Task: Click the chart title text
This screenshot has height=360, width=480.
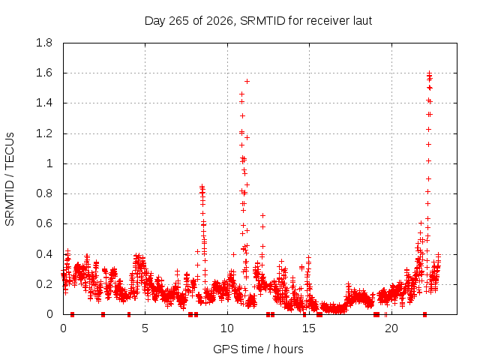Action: pos(258,21)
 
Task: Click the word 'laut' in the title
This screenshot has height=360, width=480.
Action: pos(362,21)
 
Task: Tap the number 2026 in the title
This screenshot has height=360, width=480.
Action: pos(219,21)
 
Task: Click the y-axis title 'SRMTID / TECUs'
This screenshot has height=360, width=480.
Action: pos(10,179)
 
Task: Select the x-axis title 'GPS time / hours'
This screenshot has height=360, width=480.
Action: pos(258,349)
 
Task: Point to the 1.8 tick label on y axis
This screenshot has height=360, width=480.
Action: pos(44,43)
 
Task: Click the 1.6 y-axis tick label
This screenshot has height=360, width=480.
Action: pos(44,73)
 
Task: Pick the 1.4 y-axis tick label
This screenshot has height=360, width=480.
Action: pos(44,103)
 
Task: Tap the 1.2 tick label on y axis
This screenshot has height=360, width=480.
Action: pos(44,133)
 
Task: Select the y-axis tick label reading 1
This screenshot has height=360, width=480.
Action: pos(49,163)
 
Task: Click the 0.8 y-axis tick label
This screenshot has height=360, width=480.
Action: pos(44,193)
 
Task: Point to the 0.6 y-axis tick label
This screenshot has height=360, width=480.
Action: pos(44,223)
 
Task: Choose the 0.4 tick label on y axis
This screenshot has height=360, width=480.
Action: pos(44,254)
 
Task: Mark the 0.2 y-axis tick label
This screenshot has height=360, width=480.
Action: pos(44,284)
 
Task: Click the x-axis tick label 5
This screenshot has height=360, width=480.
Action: pos(145,328)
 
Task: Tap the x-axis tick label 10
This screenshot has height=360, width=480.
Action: pos(227,328)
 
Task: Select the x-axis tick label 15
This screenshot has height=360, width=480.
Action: pos(309,328)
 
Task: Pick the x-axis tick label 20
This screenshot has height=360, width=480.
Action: pos(391,328)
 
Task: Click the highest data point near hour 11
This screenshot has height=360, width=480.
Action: pos(247,82)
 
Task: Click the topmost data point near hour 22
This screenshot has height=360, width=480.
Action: pos(429,73)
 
